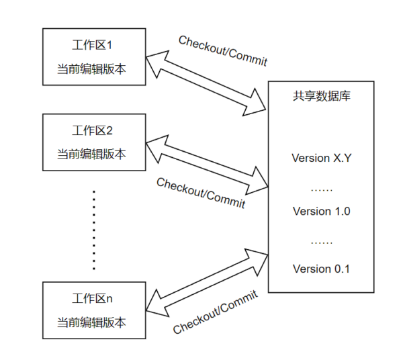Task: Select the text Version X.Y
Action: [321, 159]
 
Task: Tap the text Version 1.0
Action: [321, 212]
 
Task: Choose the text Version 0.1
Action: [321, 269]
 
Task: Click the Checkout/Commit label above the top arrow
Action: [223, 51]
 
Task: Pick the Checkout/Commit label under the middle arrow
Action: [201, 192]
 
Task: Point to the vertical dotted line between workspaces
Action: [94, 229]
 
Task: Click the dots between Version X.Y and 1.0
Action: [321, 189]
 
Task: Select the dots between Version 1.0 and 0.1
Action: [321, 240]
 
